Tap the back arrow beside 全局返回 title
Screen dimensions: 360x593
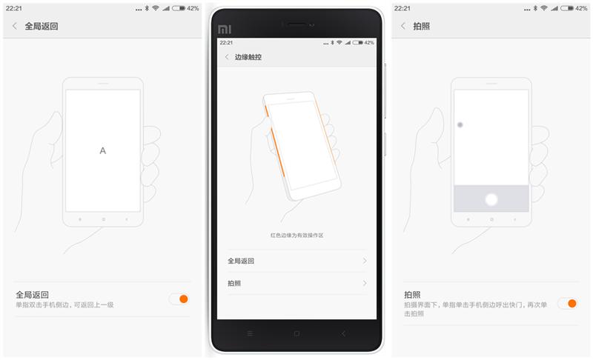pyautogui.click(x=14, y=26)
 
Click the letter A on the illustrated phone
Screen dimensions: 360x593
pyautogui.click(x=103, y=151)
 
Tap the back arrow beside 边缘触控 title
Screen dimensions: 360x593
pyautogui.click(x=226, y=57)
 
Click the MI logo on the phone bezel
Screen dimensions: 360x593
pyautogui.click(x=225, y=30)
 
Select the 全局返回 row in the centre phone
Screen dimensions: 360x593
pyautogui.click(x=296, y=261)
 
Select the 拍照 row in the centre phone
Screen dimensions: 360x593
pyautogui.click(x=296, y=283)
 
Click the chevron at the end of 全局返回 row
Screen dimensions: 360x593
pyautogui.click(x=365, y=261)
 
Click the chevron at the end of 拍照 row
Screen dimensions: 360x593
pyautogui.click(x=365, y=283)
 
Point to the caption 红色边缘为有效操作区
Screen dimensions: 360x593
pyautogui.click(x=296, y=235)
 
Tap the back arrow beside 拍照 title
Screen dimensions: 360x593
pyautogui.click(x=402, y=26)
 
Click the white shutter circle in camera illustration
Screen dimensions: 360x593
pyautogui.click(x=491, y=199)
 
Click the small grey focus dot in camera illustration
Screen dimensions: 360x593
pyautogui.click(x=460, y=125)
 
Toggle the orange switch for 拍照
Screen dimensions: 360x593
pyautogui.click(x=567, y=303)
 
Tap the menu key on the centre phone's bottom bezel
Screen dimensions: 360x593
pyautogui.click(x=250, y=333)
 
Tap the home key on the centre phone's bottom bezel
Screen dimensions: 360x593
pyautogui.click(x=296, y=333)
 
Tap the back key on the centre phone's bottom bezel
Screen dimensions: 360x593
pyautogui.click(x=343, y=333)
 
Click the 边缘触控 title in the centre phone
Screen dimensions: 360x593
pyautogui.click(x=248, y=57)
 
